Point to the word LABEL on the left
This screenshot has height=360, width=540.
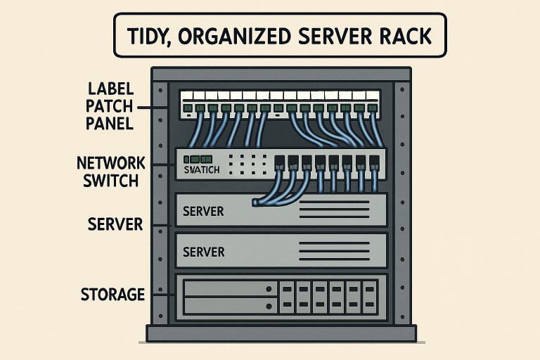pos(111,90)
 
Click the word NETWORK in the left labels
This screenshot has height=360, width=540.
pos(111,164)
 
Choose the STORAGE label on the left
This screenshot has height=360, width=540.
pos(112,294)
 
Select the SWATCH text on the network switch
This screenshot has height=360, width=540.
pos(200,170)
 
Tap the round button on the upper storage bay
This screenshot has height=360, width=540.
pos(269,288)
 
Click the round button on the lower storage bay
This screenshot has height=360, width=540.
pos(269,306)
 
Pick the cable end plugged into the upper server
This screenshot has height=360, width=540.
pos(255,202)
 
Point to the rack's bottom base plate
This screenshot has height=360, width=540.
pos(281,333)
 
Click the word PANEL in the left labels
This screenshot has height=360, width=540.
pos(111,124)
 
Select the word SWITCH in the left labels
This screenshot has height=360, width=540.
pos(111,181)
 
